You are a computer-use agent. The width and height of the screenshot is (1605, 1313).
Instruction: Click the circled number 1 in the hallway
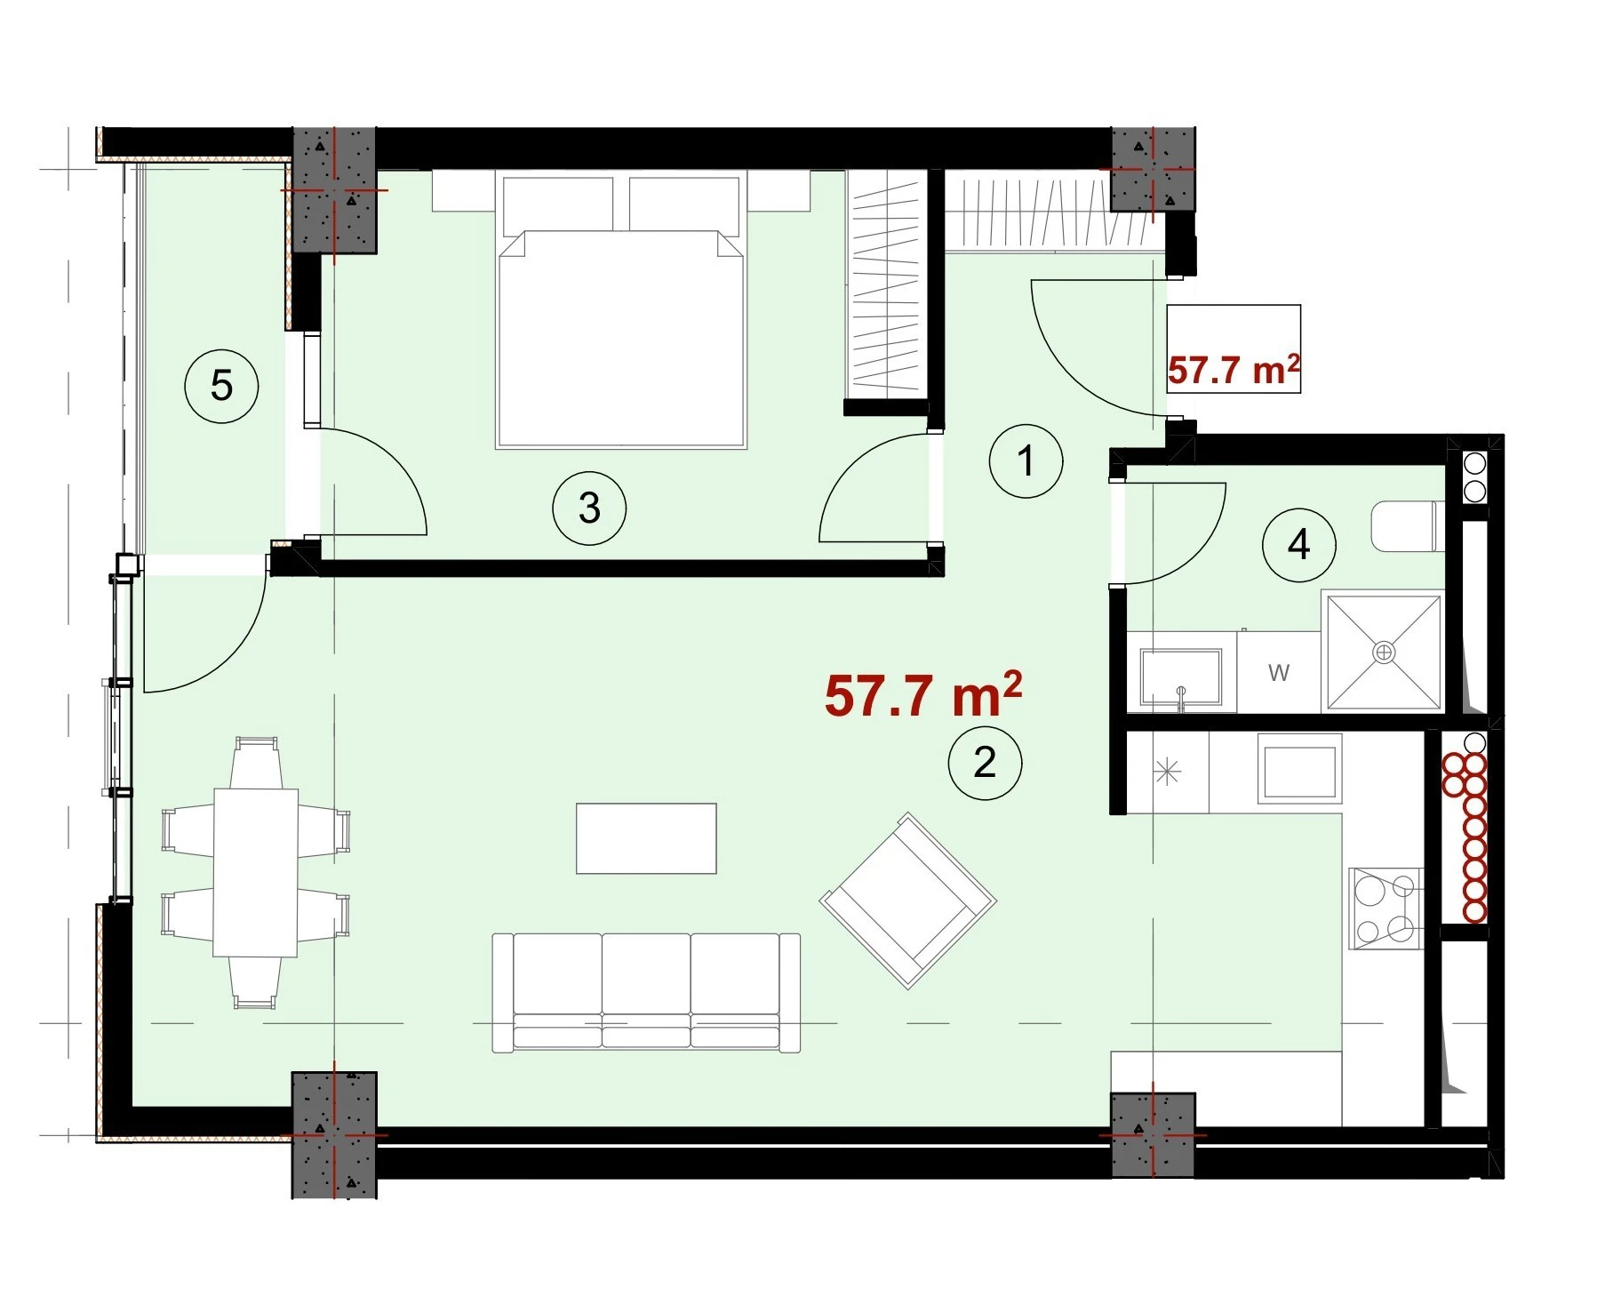[1026, 461]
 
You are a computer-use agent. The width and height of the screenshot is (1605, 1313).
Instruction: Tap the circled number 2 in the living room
[985, 763]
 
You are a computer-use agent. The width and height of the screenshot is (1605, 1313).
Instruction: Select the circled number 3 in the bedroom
[589, 508]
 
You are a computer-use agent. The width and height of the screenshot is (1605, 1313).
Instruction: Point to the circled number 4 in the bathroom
[1298, 544]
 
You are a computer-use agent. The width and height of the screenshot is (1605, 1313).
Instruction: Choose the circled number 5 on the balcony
[221, 386]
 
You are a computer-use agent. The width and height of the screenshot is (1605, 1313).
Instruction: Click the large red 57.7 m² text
[923, 694]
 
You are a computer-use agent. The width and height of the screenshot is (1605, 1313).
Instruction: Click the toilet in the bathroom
[1405, 526]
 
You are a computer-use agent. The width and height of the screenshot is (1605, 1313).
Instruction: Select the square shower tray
[1384, 652]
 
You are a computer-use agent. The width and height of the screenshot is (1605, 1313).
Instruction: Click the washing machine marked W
[1278, 672]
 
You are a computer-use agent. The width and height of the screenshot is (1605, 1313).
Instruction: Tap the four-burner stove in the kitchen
[1386, 909]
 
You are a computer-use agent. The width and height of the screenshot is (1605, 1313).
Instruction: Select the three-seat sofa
[646, 993]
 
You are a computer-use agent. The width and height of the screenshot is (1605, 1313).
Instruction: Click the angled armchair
[908, 901]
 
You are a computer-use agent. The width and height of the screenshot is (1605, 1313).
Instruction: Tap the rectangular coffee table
[646, 838]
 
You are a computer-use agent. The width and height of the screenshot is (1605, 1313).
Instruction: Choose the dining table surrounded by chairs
[256, 872]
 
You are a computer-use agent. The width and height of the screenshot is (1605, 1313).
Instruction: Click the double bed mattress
[620, 339]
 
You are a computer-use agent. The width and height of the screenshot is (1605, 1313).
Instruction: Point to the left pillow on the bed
[558, 204]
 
